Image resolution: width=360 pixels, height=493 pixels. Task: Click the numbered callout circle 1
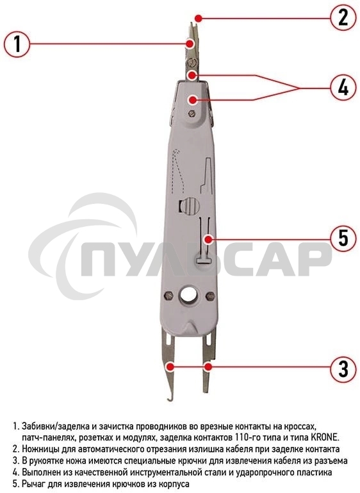click(x=17, y=44)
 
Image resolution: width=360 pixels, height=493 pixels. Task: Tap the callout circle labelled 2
click(x=343, y=17)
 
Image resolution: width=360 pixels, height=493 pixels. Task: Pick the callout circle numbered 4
click(x=343, y=87)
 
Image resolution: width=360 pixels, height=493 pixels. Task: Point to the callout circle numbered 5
click(x=343, y=238)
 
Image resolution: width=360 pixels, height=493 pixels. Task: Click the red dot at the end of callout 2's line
click(x=200, y=17)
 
